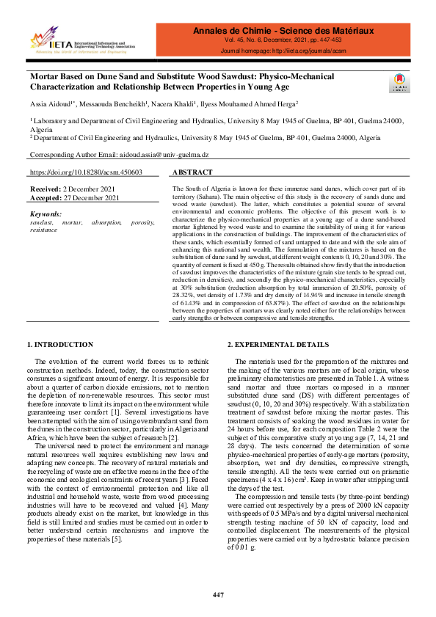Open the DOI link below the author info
(x=86, y=172)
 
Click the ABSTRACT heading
(x=192, y=172)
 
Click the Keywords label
(x=46, y=213)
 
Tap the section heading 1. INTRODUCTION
(x=60, y=344)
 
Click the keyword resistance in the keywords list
(x=43, y=230)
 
